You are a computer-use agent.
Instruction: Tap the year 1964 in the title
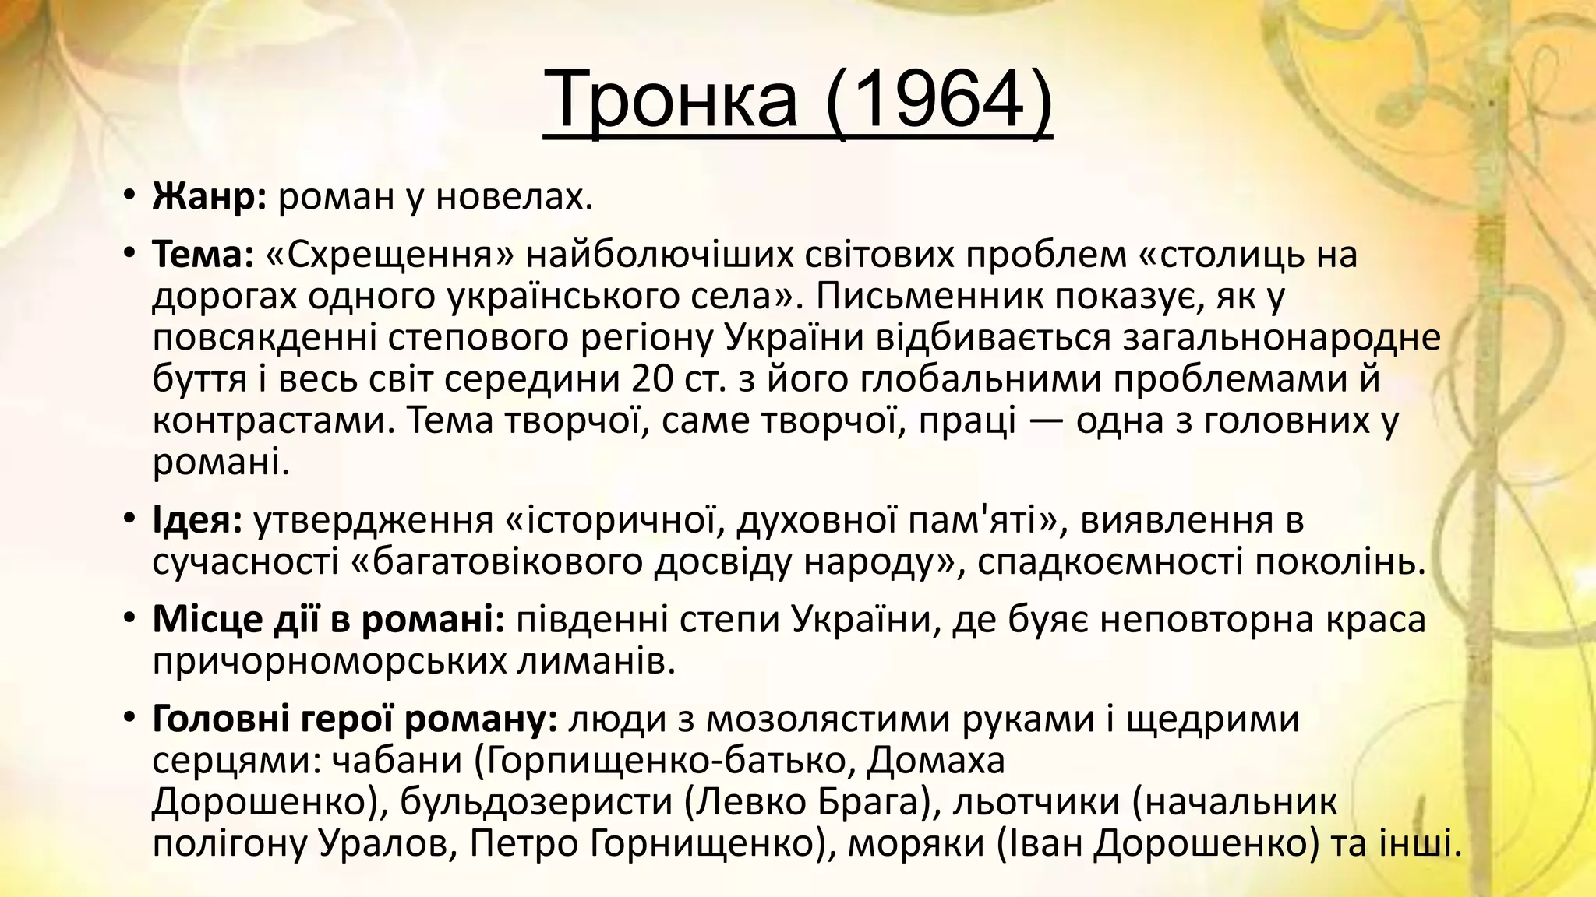[x=935, y=100]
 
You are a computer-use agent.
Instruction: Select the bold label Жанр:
[x=210, y=197]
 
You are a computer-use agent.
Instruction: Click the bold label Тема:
[x=203, y=254]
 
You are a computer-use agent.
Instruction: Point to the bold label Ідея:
[x=198, y=520]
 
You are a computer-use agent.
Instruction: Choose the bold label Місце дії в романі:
[x=328, y=619]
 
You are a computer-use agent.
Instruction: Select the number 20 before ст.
[x=652, y=379]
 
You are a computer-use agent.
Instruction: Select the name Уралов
[x=394, y=844]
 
